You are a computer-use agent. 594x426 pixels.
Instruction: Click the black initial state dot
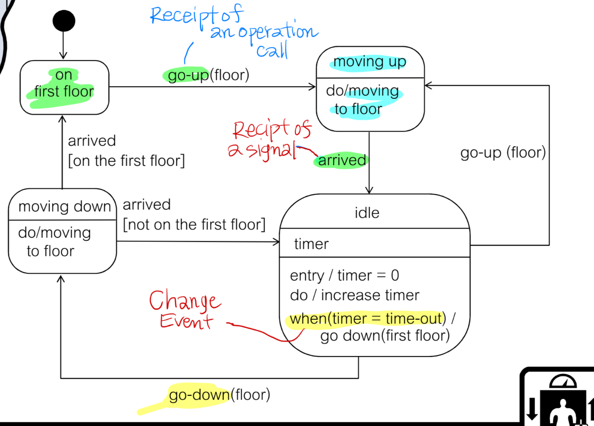click(64, 21)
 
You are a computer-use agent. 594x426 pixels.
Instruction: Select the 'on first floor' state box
click(64, 87)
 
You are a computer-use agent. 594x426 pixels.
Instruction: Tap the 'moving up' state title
click(369, 62)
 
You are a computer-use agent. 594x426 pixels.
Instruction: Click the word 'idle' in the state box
click(367, 213)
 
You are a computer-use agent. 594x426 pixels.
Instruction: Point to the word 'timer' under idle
click(311, 244)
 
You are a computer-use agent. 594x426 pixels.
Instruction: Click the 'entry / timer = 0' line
click(344, 276)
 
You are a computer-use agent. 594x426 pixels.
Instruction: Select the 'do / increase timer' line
click(354, 295)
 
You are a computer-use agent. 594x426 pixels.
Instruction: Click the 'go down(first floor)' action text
click(385, 336)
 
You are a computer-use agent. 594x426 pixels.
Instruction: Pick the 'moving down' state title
click(64, 206)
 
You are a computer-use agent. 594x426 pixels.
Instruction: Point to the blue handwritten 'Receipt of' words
click(197, 15)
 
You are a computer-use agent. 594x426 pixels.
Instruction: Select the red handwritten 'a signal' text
click(261, 150)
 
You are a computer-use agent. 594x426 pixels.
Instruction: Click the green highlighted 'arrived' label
click(342, 160)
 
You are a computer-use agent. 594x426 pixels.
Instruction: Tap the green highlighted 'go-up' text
click(188, 75)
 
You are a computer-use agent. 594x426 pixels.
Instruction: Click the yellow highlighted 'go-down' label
click(199, 395)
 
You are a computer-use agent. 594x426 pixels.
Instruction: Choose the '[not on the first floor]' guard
click(194, 225)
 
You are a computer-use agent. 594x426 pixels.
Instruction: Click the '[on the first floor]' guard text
click(126, 161)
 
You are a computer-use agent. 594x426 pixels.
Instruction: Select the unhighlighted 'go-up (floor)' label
click(503, 152)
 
